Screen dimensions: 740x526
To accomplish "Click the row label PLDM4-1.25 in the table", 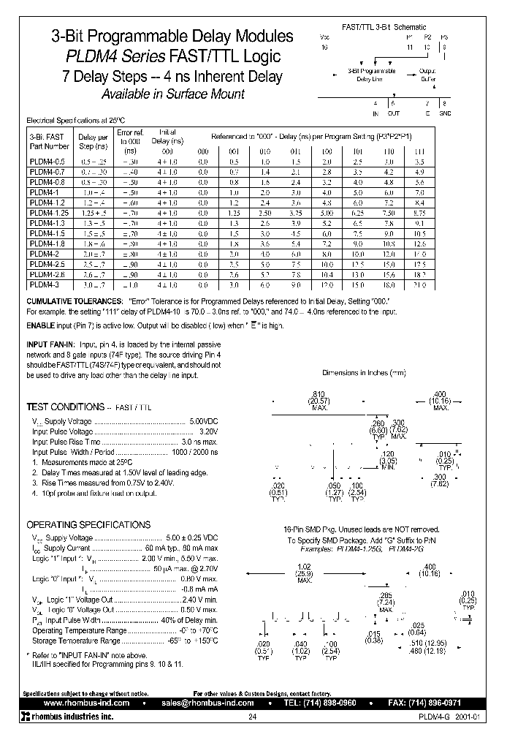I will [x=46, y=211].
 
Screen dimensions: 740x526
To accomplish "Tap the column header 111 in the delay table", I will [x=419, y=152].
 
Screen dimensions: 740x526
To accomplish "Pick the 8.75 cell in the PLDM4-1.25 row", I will [x=419, y=211].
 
